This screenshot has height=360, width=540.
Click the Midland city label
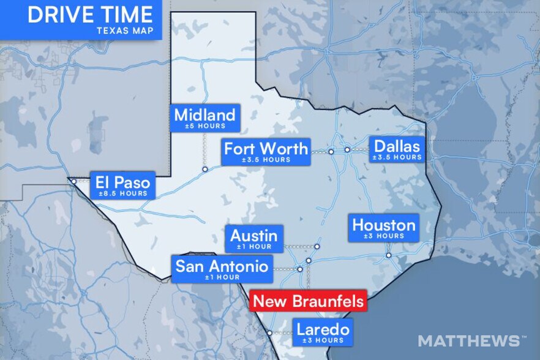204,115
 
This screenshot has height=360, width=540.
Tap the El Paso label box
122,186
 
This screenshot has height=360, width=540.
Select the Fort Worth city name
265,149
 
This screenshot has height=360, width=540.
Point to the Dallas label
397,147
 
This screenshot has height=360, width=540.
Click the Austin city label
254,236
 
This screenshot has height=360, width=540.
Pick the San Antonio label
222,267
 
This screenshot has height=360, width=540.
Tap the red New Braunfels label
309,301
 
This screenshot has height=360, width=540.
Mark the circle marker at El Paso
73,181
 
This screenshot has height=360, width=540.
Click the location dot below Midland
204,169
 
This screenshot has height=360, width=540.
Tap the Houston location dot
388,255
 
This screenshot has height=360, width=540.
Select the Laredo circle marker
269,333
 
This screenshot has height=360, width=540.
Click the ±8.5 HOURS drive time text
122,194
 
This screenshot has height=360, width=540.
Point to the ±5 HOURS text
204,126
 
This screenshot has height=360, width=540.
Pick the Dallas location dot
347,149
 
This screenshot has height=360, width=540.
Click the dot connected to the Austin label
317,247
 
